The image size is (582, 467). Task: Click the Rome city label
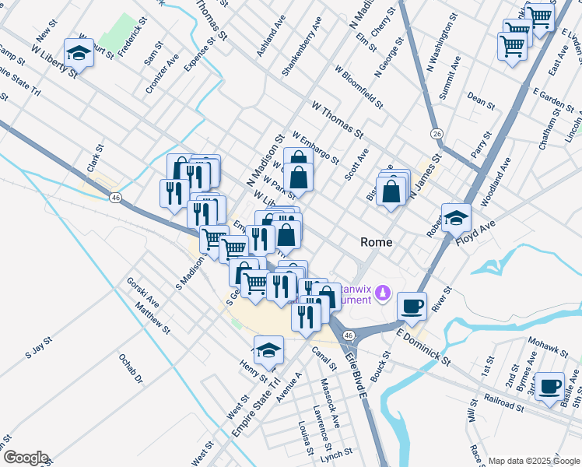[377, 242]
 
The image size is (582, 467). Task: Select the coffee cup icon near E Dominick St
[412, 305]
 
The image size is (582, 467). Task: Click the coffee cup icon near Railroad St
[551, 385]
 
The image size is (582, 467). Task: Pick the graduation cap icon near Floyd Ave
[457, 217]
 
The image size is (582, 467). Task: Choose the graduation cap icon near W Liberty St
[79, 52]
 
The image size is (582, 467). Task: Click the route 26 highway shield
[438, 134]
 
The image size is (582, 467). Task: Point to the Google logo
[25, 458]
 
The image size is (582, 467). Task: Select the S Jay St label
[38, 347]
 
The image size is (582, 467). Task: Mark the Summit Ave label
[449, 76]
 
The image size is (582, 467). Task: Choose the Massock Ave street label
[330, 403]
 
